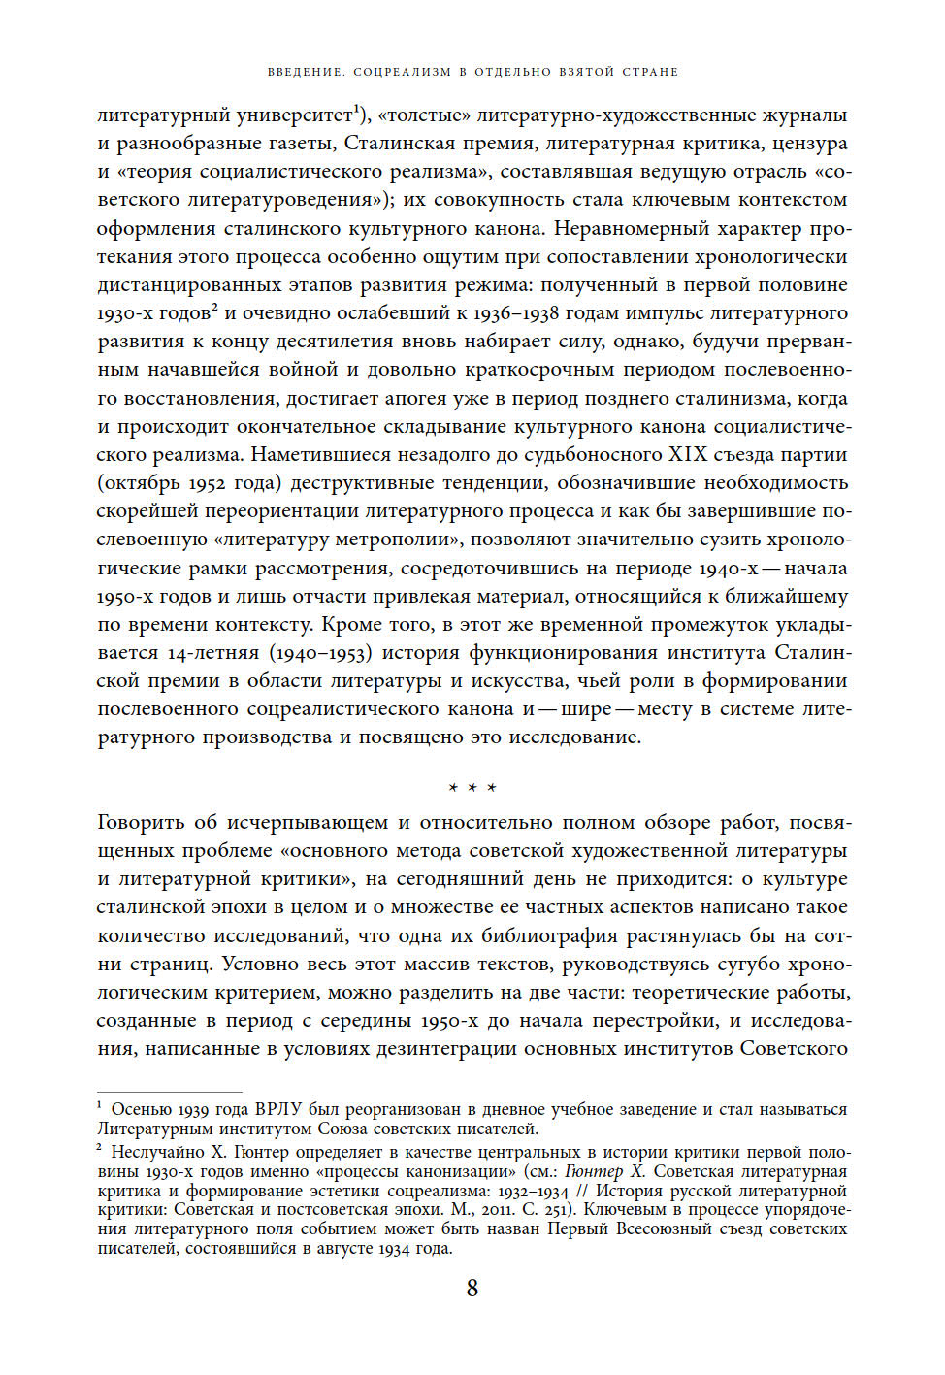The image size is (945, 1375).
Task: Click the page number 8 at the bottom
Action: tap(472, 1289)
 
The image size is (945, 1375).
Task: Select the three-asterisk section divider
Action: tap(472, 788)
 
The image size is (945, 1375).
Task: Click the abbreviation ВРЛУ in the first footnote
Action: tap(279, 1109)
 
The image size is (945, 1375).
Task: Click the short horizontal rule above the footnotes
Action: tap(169, 1092)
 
